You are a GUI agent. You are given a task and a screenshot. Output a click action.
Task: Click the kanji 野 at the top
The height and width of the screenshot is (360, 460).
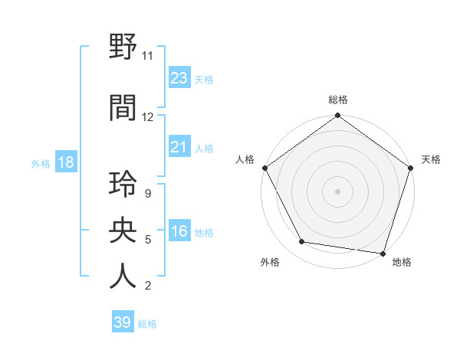[x=123, y=47]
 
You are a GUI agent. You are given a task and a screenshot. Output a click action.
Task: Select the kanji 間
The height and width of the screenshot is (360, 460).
[x=123, y=107]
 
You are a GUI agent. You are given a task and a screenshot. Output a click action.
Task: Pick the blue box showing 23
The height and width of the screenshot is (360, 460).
[x=179, y=78]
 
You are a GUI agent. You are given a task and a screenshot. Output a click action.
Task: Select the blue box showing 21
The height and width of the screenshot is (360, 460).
[x=179, y=147]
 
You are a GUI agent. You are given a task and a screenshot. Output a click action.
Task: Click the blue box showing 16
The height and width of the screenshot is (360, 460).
[x=179, y=231]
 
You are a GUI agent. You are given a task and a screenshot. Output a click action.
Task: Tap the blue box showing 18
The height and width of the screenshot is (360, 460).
[x=65, y=162]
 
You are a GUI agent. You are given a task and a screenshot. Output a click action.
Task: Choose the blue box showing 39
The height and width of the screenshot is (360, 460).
[x=122, y=322]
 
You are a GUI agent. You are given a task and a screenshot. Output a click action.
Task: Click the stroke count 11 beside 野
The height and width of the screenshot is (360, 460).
[x=148, y=56]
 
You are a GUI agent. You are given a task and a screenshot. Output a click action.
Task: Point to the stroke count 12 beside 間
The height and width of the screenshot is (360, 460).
[x=148, y=117]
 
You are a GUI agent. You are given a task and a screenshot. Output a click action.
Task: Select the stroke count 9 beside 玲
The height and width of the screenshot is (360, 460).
[x=147, y=194]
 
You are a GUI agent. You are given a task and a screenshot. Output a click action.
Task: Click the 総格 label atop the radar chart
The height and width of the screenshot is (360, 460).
[x=338, y=100]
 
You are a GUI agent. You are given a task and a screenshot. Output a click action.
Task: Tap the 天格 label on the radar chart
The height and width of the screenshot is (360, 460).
[x=431, y=159]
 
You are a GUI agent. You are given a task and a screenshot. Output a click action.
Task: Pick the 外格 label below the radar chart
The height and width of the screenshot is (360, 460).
[x=270, y=262]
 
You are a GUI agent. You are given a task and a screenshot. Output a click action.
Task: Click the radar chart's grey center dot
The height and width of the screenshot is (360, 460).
[x=337, y=191]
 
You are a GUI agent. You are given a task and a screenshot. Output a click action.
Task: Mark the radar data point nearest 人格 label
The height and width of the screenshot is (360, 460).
[x=264, y=168]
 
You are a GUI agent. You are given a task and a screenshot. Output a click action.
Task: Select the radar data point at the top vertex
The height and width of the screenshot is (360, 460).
[x=337, y=116]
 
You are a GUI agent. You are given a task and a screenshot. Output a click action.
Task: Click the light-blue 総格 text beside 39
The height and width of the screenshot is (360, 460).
[x=147, y=323]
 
